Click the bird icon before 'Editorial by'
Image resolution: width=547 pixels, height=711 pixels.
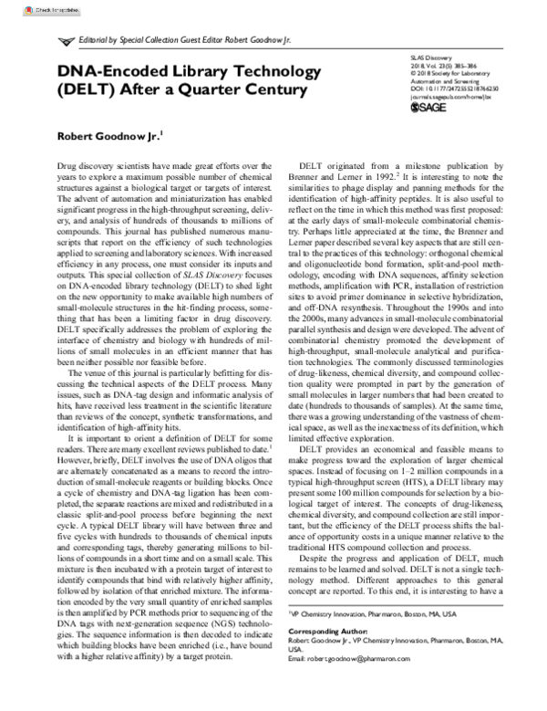[x=66, y=43]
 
